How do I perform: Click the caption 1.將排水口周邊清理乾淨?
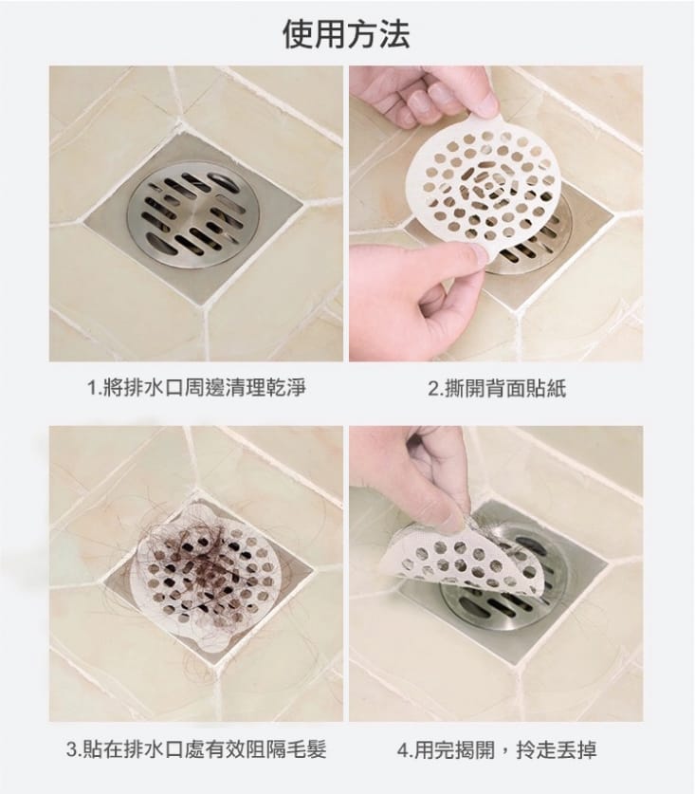coord(196,388)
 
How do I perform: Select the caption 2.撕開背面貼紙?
coord(496,388)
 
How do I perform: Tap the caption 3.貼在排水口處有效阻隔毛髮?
coord(196,750)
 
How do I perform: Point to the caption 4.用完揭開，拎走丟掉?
coord(496,750)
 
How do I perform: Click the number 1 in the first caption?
coord(91,388)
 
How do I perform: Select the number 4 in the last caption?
coord(402,750)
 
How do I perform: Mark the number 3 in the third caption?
coord(72,750)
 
